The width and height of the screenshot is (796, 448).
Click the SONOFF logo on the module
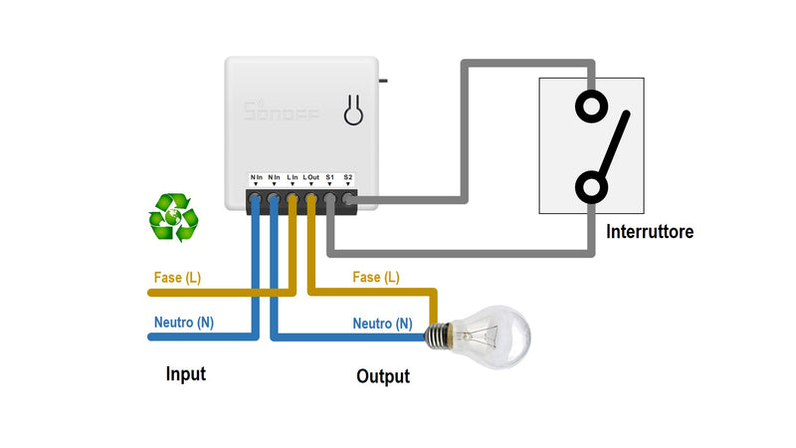(283, 112)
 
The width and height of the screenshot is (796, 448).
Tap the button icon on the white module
(352, 112)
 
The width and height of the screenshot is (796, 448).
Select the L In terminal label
(292, 177)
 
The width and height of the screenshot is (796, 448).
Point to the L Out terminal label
(310, 177)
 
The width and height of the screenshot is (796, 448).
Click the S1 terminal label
(330, 177)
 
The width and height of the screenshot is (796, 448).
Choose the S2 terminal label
(348, 177)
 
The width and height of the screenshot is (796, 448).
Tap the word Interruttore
(649, 232)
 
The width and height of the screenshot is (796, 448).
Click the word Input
(185, 374)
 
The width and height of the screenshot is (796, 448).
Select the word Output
(382, 377)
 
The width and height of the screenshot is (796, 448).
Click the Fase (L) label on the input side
(177, 278)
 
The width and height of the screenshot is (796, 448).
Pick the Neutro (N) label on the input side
(183, 323)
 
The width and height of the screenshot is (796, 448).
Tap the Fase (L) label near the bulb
(376, 278)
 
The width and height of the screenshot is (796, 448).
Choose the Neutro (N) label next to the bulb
(382, 324)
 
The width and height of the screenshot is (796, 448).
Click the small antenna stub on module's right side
(384, 79)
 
